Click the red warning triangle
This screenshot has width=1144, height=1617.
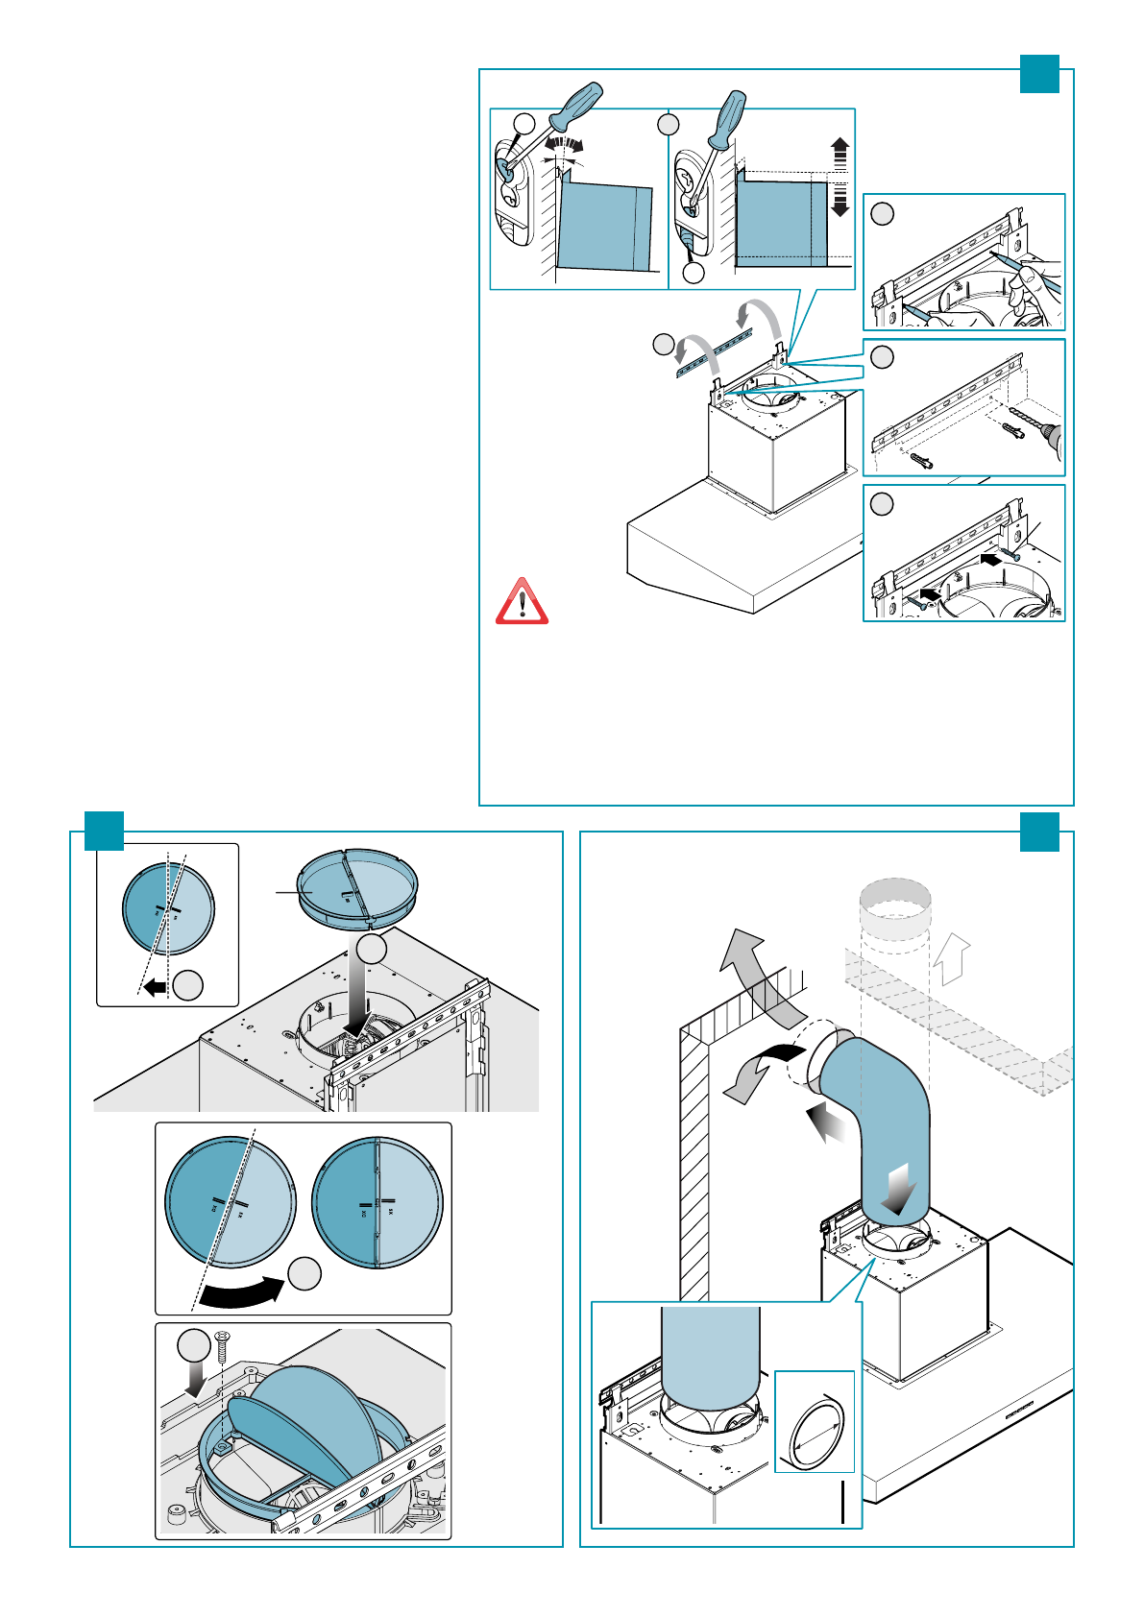point(522,603)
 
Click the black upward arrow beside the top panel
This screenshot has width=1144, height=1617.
point(840,153)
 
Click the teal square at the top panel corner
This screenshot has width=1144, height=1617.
point(1039,74)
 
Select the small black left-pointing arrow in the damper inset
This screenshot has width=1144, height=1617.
point(154,986)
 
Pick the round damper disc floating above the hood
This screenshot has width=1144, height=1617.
point(357,889)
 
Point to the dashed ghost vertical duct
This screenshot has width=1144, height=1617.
point(894,922)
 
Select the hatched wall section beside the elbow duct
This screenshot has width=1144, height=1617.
point(694,1171)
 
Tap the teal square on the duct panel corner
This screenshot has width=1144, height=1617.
point(1039,832)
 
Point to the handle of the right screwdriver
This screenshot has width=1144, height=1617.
point(730,116)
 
